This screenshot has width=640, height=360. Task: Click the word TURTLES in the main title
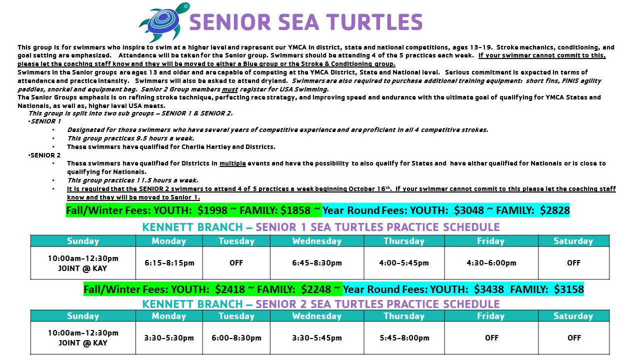pos(374,22)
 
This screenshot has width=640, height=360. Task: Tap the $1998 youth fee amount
pos(212,210)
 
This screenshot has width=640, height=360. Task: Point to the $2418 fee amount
pos(230,289)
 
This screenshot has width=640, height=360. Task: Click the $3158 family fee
pos(569,289)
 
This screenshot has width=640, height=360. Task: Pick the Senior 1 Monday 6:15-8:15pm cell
pos(169,263)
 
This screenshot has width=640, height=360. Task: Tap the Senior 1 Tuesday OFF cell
pos(236,263)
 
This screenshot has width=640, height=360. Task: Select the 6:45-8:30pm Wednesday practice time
pos(317,263)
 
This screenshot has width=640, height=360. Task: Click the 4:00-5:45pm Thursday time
pos(404,263)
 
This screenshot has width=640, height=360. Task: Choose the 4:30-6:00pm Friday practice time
pos(491,263)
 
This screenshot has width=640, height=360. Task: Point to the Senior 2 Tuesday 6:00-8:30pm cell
pos(236,338)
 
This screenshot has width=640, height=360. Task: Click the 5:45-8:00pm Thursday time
pos(404,338)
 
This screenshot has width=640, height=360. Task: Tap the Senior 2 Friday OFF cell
pos(491,338)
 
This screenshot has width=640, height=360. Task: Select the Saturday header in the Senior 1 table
pos(573,241)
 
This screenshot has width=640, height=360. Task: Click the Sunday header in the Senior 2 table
pos(83,315)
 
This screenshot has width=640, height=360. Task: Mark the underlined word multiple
pos(232,163)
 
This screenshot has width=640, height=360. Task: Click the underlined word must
pos(229,89)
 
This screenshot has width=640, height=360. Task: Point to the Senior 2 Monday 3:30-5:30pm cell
pos(169,338)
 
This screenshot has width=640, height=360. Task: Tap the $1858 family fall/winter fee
pos(295,210)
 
